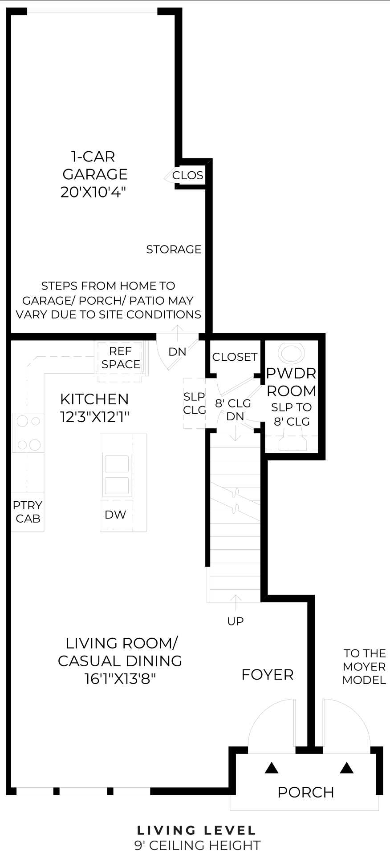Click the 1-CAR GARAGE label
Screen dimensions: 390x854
(x=94, y=165)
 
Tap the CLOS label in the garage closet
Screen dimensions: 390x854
(x=187, y=175)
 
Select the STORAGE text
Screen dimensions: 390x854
(x=174, y=249)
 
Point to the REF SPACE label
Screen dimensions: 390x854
(x=121, y=358)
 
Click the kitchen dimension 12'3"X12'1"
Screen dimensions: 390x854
(x=94, y=417)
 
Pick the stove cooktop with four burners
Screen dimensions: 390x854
(x=28, y=432)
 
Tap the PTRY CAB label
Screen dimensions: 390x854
(x=28, y=512)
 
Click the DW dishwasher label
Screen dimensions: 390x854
(x=115, y=515)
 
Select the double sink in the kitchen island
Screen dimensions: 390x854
(x=118, y=475)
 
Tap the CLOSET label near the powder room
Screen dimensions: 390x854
(x=235, y=357)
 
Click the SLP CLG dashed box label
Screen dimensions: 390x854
(x=195, y=403)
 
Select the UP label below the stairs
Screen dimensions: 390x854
(x=235, y=621)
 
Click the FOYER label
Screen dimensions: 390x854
(x=267, y=675)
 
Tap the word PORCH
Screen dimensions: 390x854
(x=305, y=792)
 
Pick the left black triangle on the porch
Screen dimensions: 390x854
(x=272, y=768)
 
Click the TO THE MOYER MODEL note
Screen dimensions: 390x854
(x=364, y=666)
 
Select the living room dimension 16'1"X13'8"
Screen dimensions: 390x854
(x=120, y=679)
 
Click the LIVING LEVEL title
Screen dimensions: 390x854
(x=196, y=830)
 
